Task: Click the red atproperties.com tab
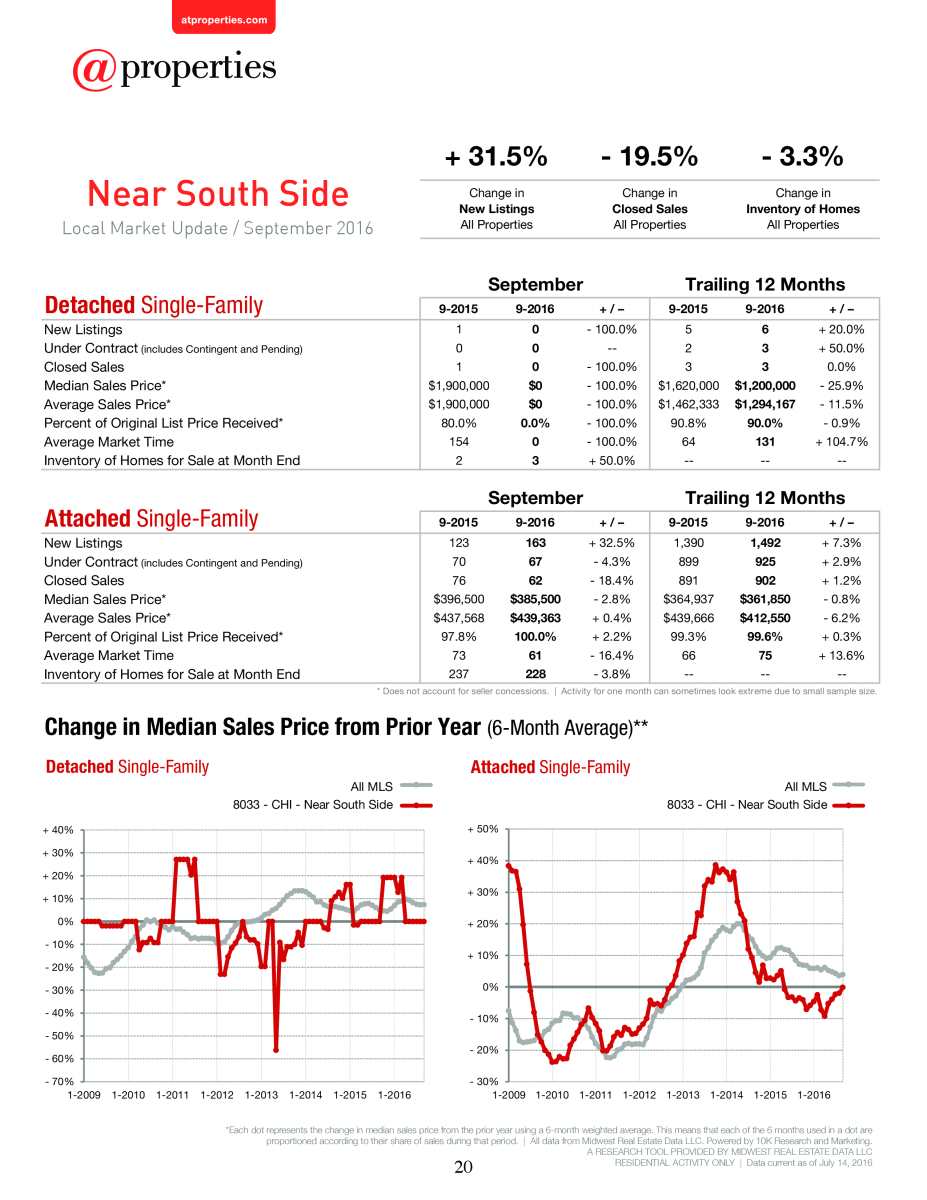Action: tap(224, 17)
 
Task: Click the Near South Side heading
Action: tap(218, 194)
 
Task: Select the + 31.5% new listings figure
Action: tap(496, 156)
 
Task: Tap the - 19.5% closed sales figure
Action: tap(649, 156)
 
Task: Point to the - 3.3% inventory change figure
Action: tap(802, 156)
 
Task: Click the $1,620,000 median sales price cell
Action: tap(688, 385)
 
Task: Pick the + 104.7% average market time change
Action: tap(841, 442)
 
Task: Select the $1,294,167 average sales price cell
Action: tap(765, 404)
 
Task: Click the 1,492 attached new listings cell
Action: tap(765, 543)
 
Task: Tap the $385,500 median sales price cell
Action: tap(535, 599)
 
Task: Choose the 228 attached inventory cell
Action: tap(536, 674)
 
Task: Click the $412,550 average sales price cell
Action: tap(765, 618)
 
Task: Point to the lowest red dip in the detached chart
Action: tap(276, 1050)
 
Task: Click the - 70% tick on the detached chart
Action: tap(59, 1081)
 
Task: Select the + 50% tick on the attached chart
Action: tap(483, 829)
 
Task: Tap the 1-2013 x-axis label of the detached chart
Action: tap(261, 1095)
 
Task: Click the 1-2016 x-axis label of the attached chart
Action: tap(813, 1095)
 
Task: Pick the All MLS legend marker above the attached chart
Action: tap(849, 785)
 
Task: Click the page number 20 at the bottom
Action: tap(463, 1167)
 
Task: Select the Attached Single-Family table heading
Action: tap(151, 519)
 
